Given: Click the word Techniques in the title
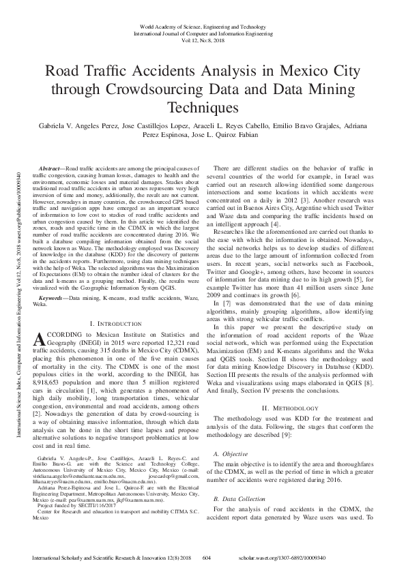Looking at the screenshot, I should pos(203,107).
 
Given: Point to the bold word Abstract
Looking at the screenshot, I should pos(50,168).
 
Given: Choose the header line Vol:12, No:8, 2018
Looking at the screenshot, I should pos(203,40).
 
